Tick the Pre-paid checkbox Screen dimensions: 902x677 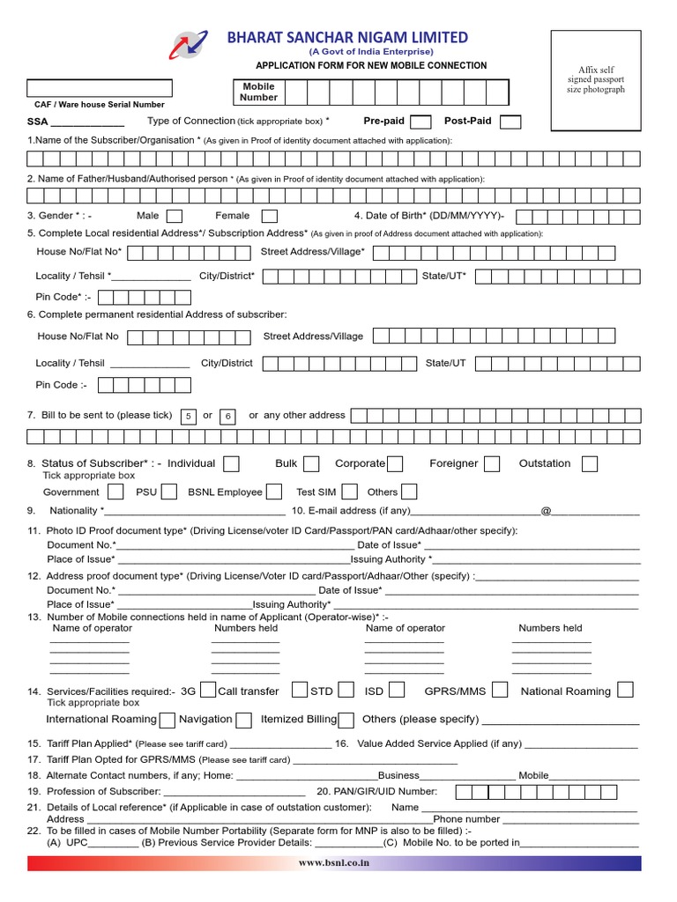point(421,122)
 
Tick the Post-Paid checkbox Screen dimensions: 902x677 point(510,122)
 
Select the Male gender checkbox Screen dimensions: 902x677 point(175,216)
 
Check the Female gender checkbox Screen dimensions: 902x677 point(270,216)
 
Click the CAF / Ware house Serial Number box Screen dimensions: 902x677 point(99,89)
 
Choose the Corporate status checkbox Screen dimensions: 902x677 point(396,464)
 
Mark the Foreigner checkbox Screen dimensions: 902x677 point(492,464)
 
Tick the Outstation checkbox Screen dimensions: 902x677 point(590,464)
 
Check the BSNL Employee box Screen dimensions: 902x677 point(274,492)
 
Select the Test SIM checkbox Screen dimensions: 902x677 point(350,492)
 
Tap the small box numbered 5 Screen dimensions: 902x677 point(189,416)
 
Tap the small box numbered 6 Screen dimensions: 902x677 point(227,416)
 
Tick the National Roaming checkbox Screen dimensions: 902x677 point(625,690)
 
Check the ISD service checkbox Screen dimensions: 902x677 point(397,690)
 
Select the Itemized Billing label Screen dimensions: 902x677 point(299,720)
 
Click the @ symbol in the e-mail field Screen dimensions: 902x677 point(546,511)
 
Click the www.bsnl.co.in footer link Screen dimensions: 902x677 point(334,864)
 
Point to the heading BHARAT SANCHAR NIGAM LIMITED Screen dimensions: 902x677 point(347,37)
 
